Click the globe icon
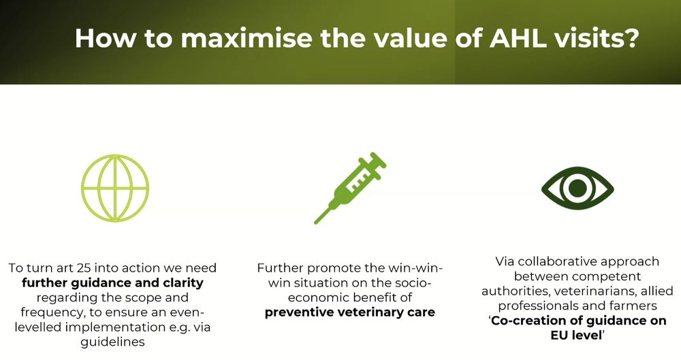(115, 154)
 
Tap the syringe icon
(350, 188)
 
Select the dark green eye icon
(577, 188)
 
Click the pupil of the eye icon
(577, 188)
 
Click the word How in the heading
(106, 38)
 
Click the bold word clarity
(183, 283)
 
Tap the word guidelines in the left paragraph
(112, 342)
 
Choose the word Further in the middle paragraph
(280, 268)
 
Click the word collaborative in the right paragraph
(557, 261)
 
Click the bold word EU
(559, 336)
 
